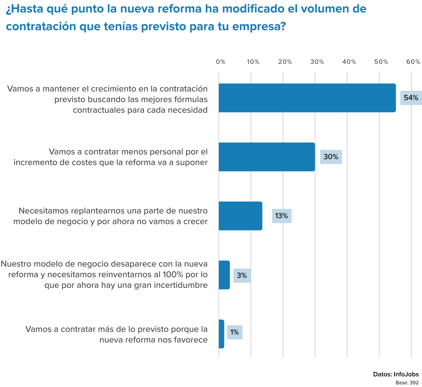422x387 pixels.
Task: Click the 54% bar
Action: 307,98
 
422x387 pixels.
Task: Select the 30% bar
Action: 267,157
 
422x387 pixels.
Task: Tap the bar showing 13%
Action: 240,216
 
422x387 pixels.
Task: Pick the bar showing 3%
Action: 224,275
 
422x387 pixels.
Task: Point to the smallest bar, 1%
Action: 221,334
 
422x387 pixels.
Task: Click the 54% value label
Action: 411,98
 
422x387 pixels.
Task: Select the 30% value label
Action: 331,157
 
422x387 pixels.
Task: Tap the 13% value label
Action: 282,216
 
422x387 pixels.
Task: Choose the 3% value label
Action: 242,275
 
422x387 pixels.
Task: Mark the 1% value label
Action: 235,332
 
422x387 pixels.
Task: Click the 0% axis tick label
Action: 221,62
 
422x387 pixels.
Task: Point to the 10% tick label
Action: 253,62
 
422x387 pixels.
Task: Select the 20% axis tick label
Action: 285,62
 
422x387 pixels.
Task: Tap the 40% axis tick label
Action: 349,62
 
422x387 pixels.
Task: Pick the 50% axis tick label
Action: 381,62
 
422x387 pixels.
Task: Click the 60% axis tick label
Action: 413,62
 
